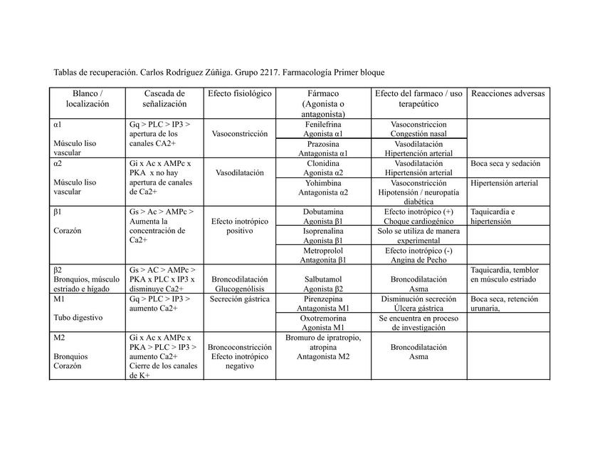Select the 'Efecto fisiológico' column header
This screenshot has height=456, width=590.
[239, 93]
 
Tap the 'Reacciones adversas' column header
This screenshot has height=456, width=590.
[507, 93]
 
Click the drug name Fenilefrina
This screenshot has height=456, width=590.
[323, 124]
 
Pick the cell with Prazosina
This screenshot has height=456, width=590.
[323, 144]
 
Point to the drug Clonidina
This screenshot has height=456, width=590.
[323, 163]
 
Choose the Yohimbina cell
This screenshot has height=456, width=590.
[323, 182]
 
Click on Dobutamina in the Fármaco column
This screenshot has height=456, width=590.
[323, 212]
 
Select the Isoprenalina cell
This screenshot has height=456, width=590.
[323, 232]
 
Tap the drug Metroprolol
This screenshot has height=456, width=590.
[323, 251]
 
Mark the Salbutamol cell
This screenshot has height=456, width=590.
[323, 280]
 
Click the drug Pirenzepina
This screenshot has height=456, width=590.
[323, 299]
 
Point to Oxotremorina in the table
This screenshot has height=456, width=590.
[323, 318]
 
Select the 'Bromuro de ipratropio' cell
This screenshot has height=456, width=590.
[323, 338]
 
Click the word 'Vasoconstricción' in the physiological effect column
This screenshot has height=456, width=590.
[239, 133]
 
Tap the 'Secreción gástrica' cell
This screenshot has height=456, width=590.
[239, 299]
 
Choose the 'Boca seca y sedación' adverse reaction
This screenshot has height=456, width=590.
[505, 163]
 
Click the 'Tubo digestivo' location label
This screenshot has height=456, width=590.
[78, 317]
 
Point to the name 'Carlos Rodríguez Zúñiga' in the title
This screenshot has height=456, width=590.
[185, 73]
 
